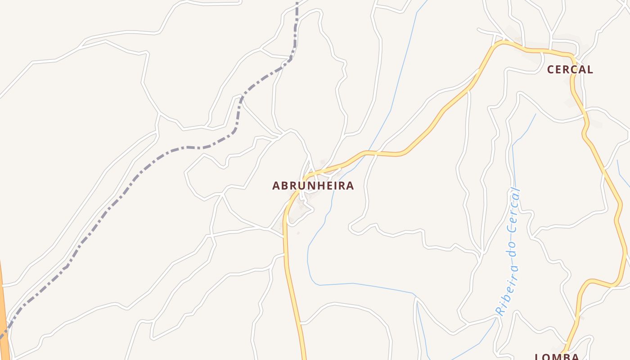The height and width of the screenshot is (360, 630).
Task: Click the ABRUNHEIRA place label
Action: click(313, 185)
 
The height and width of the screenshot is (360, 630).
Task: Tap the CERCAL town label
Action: click(570, 69)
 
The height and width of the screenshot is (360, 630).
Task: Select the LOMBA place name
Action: click(557, 357)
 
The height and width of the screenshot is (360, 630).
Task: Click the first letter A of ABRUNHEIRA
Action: click(276, 185)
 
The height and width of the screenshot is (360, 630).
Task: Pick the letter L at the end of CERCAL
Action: click(589, 69)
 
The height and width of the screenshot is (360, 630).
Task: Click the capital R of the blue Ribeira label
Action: click(498, 310)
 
